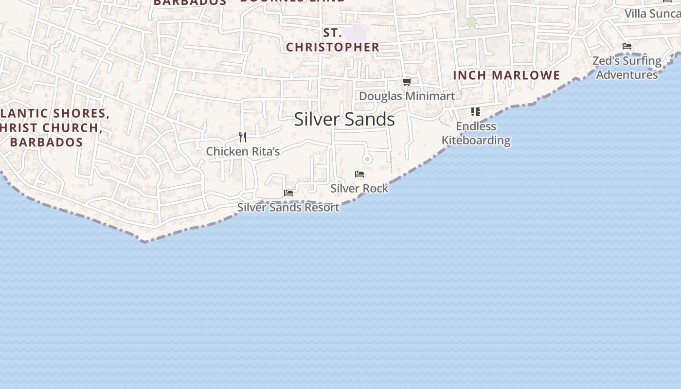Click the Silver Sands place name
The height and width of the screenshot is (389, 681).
344,119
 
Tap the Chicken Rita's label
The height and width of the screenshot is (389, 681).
243,152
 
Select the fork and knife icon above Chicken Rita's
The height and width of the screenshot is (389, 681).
243,137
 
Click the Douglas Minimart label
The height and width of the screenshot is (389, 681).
407,96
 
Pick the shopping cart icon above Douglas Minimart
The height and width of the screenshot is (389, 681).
407,82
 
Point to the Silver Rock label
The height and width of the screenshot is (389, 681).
359,188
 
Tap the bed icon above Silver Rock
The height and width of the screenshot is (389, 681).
359,174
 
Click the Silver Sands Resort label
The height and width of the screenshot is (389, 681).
288,207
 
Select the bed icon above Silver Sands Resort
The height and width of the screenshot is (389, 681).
288,193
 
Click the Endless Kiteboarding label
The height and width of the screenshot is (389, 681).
476,133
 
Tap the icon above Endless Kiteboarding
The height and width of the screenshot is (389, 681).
476,112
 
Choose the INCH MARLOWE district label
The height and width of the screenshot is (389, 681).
506,75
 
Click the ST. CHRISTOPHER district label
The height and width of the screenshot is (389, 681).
332,40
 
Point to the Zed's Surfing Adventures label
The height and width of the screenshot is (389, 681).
627,68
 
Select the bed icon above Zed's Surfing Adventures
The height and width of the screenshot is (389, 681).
627,47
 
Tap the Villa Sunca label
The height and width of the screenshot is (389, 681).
652,14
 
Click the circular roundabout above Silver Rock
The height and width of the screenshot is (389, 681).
367,159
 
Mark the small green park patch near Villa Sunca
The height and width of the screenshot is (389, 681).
471,21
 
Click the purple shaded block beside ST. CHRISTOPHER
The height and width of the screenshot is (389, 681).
355,32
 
